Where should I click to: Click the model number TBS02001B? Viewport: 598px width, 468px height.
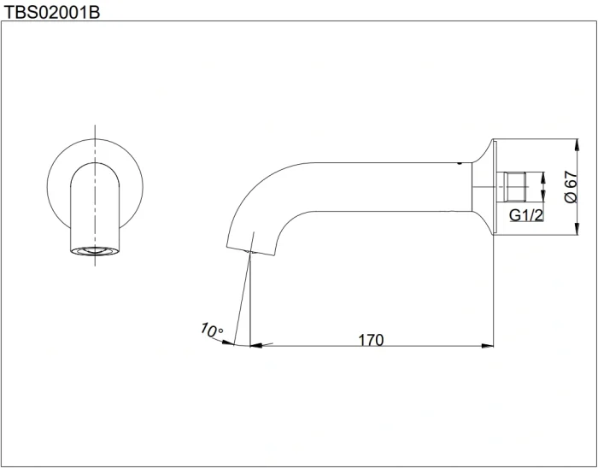51,12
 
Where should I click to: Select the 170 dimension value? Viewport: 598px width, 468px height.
371,340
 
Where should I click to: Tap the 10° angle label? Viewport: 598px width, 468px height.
212,330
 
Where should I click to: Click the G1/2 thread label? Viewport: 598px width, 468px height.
526,215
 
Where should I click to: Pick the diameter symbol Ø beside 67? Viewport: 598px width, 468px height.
571,197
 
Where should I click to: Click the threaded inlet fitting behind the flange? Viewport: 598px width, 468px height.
511,187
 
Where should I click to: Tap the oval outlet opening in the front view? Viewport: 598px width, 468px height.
95,251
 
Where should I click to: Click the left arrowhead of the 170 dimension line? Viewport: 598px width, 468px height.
256,345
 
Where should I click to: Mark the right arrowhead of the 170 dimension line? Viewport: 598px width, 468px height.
488,346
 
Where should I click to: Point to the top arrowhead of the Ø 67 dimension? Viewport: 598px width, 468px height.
577,145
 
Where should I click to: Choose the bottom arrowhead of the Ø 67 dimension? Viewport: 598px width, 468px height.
577,229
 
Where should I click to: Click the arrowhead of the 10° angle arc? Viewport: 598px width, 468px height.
228,342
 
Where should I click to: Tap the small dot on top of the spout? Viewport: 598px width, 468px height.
460,163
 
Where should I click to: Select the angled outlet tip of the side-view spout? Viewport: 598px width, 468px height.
250,251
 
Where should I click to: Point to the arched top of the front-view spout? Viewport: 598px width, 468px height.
95,163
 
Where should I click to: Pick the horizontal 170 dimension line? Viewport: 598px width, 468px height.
372,346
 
